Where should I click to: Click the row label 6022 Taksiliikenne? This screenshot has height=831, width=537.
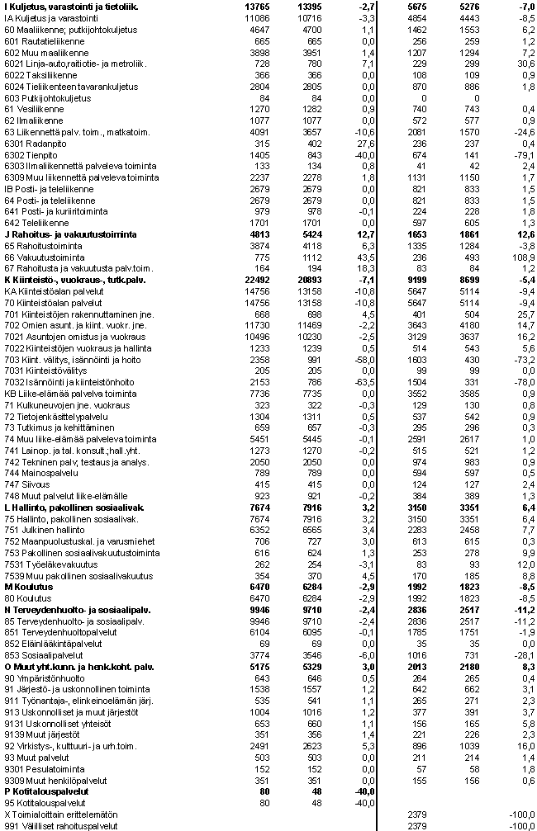(37, 75)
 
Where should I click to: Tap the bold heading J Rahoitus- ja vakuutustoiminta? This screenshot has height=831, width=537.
(70, 234)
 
